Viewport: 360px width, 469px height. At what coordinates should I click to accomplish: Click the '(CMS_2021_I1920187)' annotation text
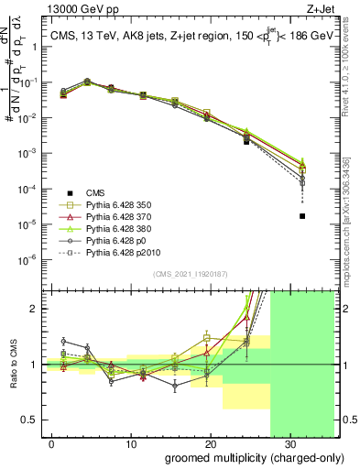coord(191,274)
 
